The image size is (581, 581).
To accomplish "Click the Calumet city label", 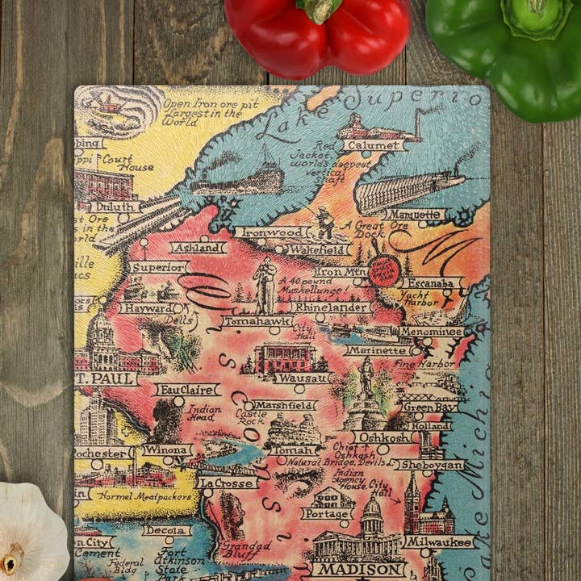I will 374,145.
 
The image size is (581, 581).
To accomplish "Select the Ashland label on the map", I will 198,248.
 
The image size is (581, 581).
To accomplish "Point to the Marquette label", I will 414,215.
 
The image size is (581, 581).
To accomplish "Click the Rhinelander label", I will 330,307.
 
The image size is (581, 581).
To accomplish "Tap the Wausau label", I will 301,378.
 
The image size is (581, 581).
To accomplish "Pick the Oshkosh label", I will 385,437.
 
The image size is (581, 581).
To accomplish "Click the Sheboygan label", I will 431,465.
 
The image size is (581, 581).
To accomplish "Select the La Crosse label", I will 227,483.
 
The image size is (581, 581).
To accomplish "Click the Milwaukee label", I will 438,542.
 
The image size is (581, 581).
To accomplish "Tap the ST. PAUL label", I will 105,378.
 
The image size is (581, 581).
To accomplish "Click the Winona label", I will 167,450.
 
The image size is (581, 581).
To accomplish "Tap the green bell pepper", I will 508,48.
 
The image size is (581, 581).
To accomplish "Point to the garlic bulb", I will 32,533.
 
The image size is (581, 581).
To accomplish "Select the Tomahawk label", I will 257,320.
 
